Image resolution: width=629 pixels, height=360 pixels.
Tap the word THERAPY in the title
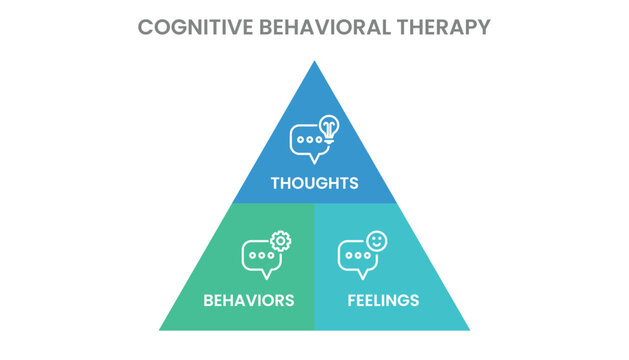pyautogui.click(x=441, y=27)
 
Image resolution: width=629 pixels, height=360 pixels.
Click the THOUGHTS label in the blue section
pyautogui.click(x=314, y=183)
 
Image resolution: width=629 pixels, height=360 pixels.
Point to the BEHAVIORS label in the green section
pyautogui.click(x=248, y=300)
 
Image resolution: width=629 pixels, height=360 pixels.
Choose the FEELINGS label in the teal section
pyautogui.click(x=383, y=300)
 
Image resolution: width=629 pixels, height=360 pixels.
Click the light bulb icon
pyautogui.click(x=329, y=128)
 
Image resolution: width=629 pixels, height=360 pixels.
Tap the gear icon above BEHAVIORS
pyautogui.click(x=281, y=241)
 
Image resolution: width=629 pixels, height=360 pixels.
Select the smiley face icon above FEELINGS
pyautogui.click(x=376, y=241)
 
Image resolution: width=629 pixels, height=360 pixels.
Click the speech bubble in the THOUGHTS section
pyautogui.click(x=307, y=143)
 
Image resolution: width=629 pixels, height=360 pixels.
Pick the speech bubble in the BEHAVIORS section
pyautogui.click(x=259, y=258)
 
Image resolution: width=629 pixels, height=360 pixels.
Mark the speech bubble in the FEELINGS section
pyautogui.click(x=355, y=258)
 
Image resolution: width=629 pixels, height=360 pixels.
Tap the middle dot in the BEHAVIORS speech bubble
pyautogui.click(x=259, y=256)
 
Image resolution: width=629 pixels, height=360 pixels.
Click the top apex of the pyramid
pyautogui.click(x=314, y=63)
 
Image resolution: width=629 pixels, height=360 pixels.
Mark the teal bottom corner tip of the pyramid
pyautogui.click(x=467, y=328)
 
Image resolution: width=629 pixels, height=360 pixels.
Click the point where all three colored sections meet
pyautogui.click(x=314, y=203)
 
